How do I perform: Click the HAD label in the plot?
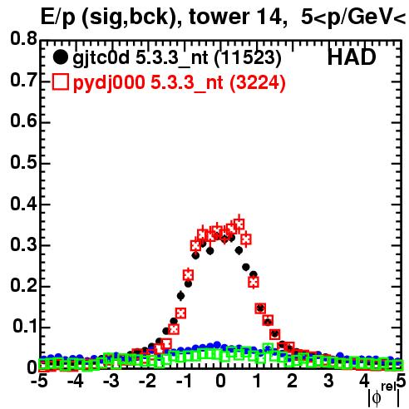pos(352,57)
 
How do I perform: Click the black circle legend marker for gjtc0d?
pos(60,57)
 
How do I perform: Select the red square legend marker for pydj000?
pos(60,81)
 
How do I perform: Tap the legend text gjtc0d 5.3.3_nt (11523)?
pos(177,58)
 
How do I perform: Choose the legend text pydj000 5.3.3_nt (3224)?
pos(179,82)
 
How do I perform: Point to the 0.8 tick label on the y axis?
pos(23,38)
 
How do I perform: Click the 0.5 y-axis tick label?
pos(23,162)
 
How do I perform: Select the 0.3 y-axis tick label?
pos(23,244)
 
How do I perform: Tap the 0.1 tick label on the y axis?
pos(24,327)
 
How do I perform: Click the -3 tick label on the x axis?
pos(111,381)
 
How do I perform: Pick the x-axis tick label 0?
pos(220,381)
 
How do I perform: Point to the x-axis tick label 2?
pos(292,381)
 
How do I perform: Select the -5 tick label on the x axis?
pos(39,381)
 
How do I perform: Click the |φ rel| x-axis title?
pos(383,396)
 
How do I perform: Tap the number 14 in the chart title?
pos(271,17)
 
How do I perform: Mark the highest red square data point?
pos(239,224)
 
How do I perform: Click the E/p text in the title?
pos(58,17)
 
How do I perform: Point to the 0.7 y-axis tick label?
pos(23,80)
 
